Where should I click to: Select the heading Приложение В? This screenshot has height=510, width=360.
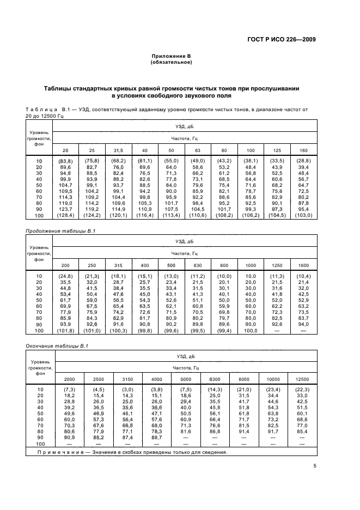[x=171, y=56]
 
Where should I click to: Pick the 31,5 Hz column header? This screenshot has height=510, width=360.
[x=118, y=150]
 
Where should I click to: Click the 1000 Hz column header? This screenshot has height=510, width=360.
[x=250, y=265]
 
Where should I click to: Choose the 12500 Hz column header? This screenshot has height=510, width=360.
[x=301, y=379]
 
